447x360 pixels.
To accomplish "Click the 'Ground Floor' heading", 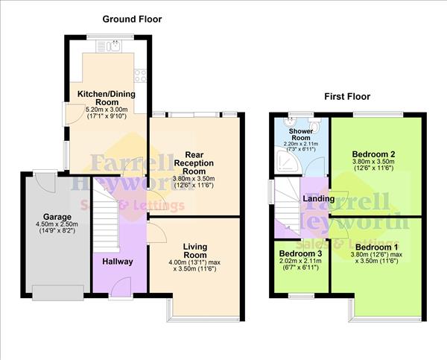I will coord(132,18).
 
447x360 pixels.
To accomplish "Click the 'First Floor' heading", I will coord(346,96).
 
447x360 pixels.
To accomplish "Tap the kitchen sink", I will coord(114,47).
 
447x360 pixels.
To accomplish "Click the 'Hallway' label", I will coord(118,262).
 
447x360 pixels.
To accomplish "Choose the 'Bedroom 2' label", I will coord(372,156).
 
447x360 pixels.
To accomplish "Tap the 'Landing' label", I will coord(318,199).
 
